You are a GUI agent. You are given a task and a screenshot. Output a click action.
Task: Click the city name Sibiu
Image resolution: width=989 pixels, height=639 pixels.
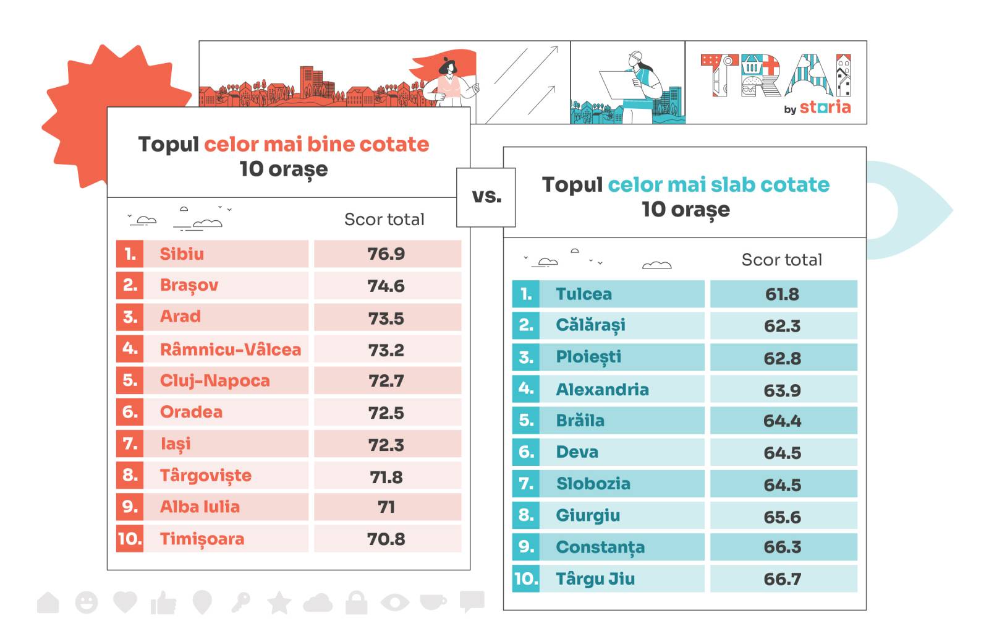click(182, 254)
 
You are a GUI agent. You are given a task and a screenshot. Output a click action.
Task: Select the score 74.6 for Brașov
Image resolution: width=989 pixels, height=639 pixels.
click(386, 286)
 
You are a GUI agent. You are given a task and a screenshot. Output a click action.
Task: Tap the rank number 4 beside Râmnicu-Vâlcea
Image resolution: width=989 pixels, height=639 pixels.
click(130, 348)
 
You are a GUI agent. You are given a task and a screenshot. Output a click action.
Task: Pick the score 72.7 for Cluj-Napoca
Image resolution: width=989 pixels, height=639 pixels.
click(386, 380)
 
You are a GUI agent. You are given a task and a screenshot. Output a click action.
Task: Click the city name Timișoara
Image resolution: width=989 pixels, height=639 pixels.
click(202, 539)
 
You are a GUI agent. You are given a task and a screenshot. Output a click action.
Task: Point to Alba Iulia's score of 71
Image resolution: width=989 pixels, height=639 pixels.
click(386, 507)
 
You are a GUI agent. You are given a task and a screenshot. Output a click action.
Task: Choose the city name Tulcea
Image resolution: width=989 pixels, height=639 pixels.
click(584, 294)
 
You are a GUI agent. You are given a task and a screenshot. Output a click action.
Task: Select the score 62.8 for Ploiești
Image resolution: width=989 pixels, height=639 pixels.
click(783, 358)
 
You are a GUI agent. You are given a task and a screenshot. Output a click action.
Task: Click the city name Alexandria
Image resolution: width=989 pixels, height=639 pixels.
click(602, 389)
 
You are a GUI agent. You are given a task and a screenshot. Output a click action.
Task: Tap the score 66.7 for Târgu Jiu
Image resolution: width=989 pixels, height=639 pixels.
click(783, 579)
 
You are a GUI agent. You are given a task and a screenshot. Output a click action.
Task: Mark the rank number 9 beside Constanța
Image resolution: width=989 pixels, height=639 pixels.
click(526, 547)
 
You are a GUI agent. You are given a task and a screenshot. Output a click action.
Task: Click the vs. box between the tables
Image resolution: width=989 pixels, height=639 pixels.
click(486, 197)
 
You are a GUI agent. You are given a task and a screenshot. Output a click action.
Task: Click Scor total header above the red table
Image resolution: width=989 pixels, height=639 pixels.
click(384, 220)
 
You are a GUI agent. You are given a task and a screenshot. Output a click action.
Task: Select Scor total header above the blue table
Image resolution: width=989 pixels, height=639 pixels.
click(781, 260)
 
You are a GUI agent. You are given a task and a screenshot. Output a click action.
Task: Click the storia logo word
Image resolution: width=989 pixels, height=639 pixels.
click(825, 108)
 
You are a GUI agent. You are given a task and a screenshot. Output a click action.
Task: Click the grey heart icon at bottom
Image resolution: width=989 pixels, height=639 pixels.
click(125, 601)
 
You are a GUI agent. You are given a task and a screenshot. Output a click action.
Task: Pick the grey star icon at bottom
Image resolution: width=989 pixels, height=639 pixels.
click(279, 602)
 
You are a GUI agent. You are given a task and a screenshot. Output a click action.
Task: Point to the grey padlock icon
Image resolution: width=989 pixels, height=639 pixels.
click(356, 602)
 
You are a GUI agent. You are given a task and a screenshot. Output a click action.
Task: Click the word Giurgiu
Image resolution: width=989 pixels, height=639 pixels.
click(587, 515)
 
